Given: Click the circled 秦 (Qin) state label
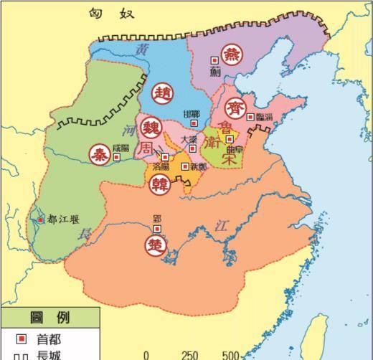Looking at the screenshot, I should [x=100, y=153].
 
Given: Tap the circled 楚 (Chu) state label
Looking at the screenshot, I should [x=156, y=244].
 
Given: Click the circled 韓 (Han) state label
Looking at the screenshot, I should [x=159, y=184].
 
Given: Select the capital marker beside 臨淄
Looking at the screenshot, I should [x=250, y=116].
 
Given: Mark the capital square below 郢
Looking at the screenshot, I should [x=158, y=229].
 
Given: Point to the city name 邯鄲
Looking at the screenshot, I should [x=192, y=115].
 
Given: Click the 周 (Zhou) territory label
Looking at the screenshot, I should [x=146, y=147].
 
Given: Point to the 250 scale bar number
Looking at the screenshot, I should [x=190, y=355].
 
